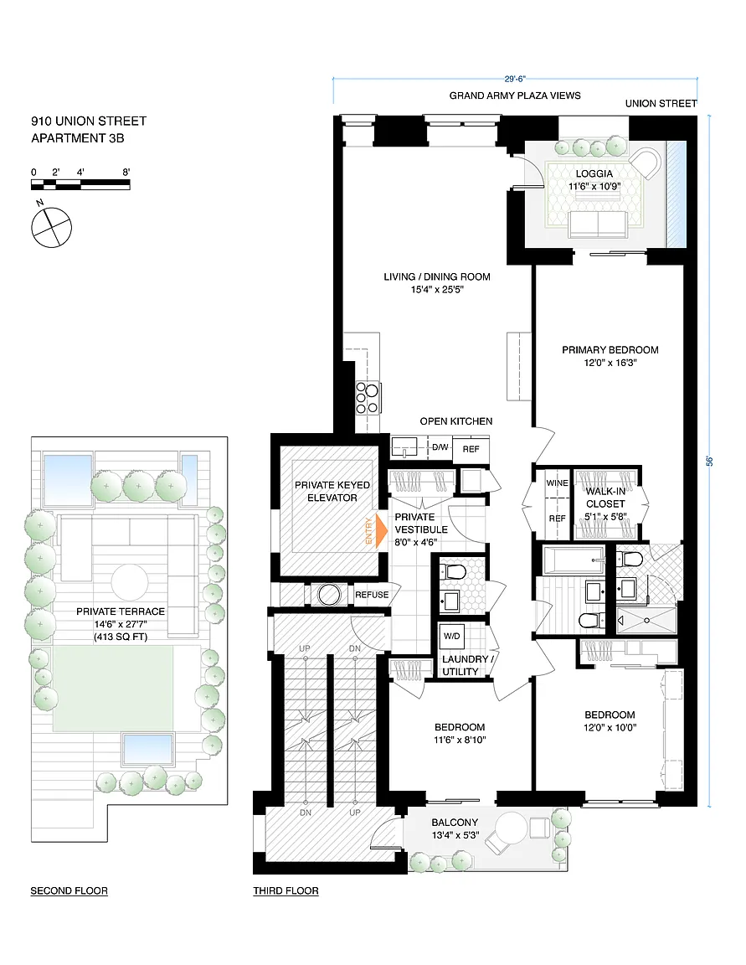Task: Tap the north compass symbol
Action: coord(51,226)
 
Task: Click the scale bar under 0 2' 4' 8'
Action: coord(80,184)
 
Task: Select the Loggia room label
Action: coord(594,173)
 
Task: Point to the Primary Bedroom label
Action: coord(610,349)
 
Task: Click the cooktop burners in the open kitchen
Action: coord(368,398)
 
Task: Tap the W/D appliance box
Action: coord(452,637)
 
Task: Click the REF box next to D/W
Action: coord(471,449)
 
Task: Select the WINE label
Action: coord(557,483)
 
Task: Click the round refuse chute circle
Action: coord(329,595)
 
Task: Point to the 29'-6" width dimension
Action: coord(516,79)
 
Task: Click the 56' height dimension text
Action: coord(710,461)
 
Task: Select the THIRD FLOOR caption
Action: coord(286,890)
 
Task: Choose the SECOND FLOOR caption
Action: coord(69,890)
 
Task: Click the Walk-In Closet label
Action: coord(605,498)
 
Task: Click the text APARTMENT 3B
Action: coord(78,138)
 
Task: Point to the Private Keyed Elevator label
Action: coord(332,491)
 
